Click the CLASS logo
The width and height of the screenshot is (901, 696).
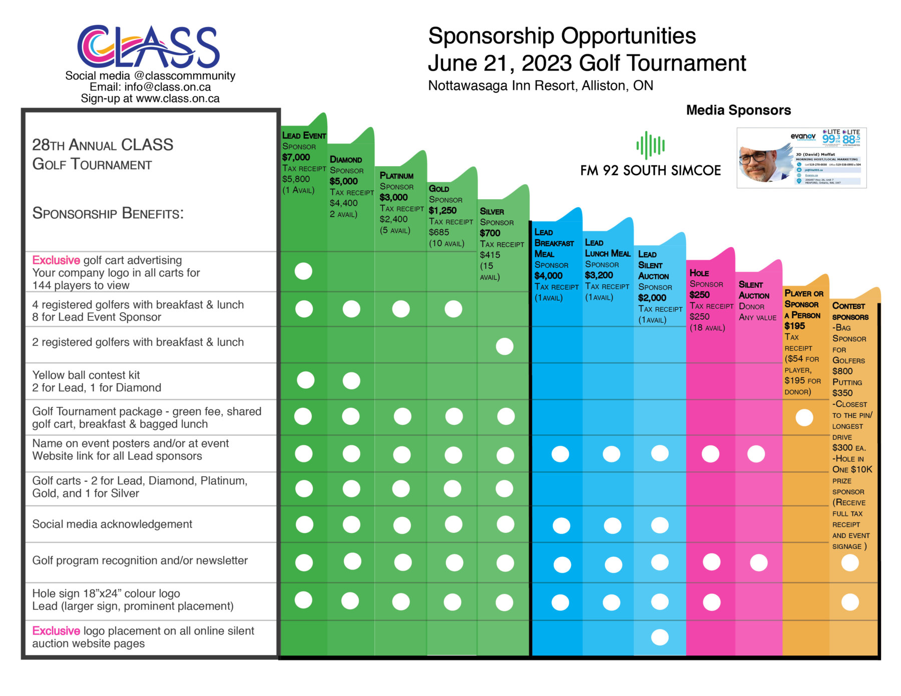[149, 47]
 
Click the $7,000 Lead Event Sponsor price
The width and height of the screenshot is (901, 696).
[296, 157]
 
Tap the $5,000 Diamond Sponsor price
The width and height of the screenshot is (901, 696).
[343, 181]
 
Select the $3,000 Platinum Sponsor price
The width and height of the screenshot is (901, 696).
[393, 197]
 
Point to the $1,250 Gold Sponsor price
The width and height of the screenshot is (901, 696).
[442, 210]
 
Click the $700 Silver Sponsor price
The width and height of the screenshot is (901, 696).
[490, 233]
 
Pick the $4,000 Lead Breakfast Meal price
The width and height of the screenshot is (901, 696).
[548, 276]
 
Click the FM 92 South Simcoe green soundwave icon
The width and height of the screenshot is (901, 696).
[650, 146]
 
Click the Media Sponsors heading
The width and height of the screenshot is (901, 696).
[738, 110]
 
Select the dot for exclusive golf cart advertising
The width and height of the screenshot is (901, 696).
[303, 271]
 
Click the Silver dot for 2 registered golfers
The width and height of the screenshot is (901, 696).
[505, 346]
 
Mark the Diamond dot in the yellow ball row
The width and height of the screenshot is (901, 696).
[351, 381]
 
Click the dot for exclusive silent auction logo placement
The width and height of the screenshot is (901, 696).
[660, 637]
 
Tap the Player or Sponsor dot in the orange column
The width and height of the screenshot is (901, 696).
[804, 417]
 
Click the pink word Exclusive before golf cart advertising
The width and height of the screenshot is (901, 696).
[56, 260]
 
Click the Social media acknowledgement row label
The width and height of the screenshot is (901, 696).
[112, 524]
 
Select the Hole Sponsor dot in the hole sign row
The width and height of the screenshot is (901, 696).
[711, 602]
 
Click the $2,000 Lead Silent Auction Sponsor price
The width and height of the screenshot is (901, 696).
[652, 298]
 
